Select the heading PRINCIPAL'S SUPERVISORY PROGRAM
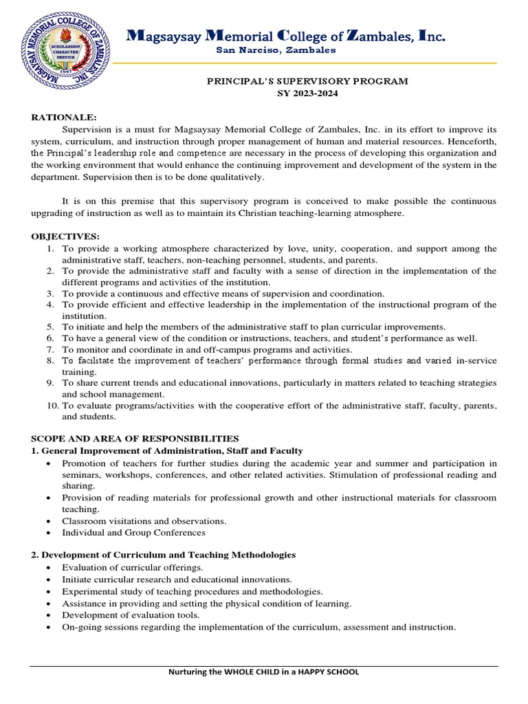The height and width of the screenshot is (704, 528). coord(307,81)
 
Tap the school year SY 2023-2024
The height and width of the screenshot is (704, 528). coord(307,93)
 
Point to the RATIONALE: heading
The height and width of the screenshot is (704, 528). coord(60,118)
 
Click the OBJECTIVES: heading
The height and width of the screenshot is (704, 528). coord(60,236)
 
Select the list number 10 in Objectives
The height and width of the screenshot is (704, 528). coord(53,406)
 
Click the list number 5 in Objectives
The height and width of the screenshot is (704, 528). coord(51,327)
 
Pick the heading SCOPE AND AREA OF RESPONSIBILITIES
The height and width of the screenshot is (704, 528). coord(135,438)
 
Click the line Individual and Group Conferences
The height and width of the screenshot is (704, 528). coord(133,532)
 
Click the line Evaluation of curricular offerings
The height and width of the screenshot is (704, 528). coord(133,567)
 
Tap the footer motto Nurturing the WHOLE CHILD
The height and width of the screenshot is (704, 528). coord(264,672)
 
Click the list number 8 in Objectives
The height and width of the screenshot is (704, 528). coord(51,360)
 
